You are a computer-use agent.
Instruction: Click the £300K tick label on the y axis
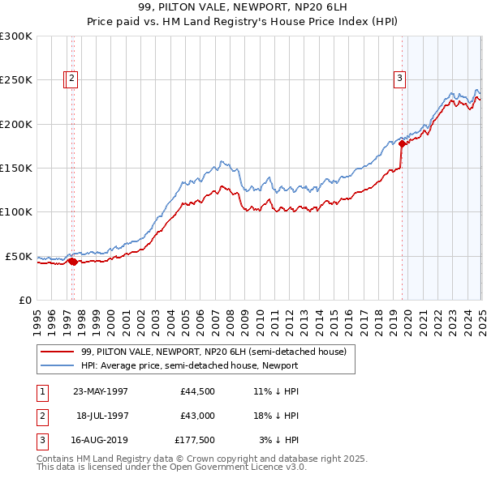[16, 36]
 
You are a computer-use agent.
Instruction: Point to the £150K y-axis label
[16, 168]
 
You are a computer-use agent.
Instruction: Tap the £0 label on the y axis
[24, 300]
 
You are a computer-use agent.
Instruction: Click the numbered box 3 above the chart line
[400, 79]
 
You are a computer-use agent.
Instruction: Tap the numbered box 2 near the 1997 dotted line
[71, 79]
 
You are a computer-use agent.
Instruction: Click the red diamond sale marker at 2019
[402, 143]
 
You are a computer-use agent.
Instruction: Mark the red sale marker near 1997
[72, 261]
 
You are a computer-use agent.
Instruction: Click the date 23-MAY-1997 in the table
[101, 391]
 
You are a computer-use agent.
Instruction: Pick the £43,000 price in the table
[198, 416]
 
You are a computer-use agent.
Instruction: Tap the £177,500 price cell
[195, 442]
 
